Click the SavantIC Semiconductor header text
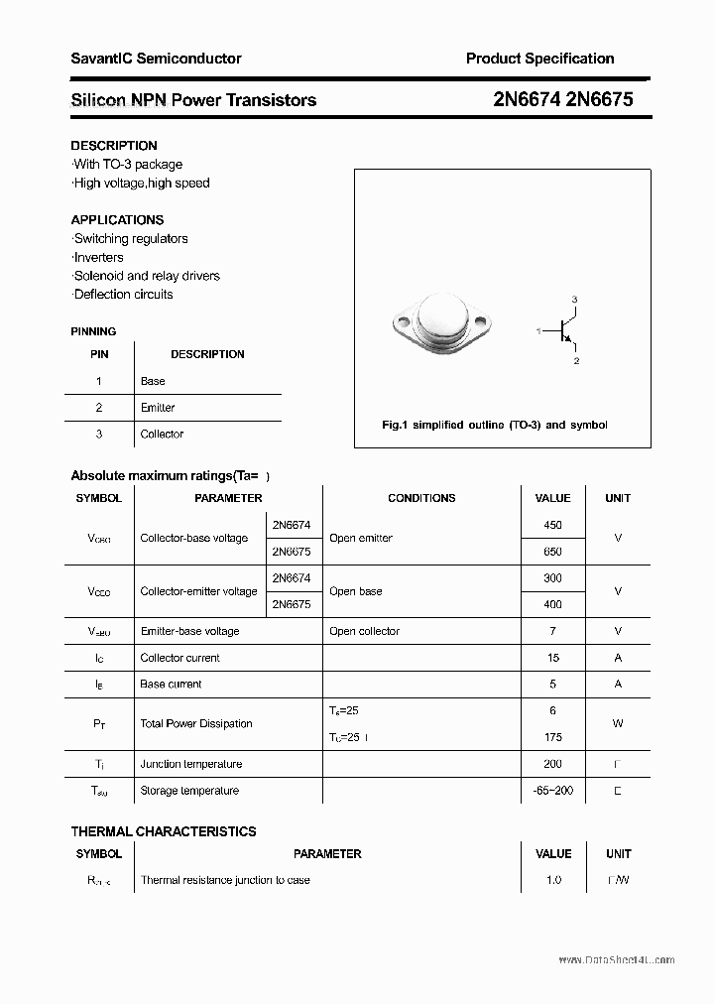pyautogui.click(x=156, y=59)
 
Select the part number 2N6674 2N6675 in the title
pyautogui.click(x=562, y=99)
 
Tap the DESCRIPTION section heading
pyautogui.click(x=114, y=146)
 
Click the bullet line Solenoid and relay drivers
pyautogui.click(x=146, y=276)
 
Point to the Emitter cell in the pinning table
pyautogui.click(x=158, y=408)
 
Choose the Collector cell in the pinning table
pyautogui.click(x=162, y=435)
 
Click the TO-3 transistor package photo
pyautogui.click(x=442, y=324)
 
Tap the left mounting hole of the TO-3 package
pyautogui.click(x=404, y=321)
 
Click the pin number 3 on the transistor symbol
pyautogui.click(x=574, y=299)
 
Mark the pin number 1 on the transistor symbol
pyautogui.click(x=538, y=330)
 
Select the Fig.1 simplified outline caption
pyautogui.click(x=494, y=425)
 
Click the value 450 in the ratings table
pyautogui.click(x=552, y=525)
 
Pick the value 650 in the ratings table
pyautogui.click(x=552, y=552)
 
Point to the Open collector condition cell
pyautogui.click(x=364, y=631)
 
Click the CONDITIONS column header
pyautogui.click(x=421, y=498)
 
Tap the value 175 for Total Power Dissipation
pyautogui.click(x=552, y=737)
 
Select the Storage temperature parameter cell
pyautogui.click(x=189, y=791)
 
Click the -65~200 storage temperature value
pyautogui.click(x=552, y=791)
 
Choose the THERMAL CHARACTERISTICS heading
pyautogui.click(x=164, y=831)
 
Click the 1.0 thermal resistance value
pyautogui.click(x=552, y=880)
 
